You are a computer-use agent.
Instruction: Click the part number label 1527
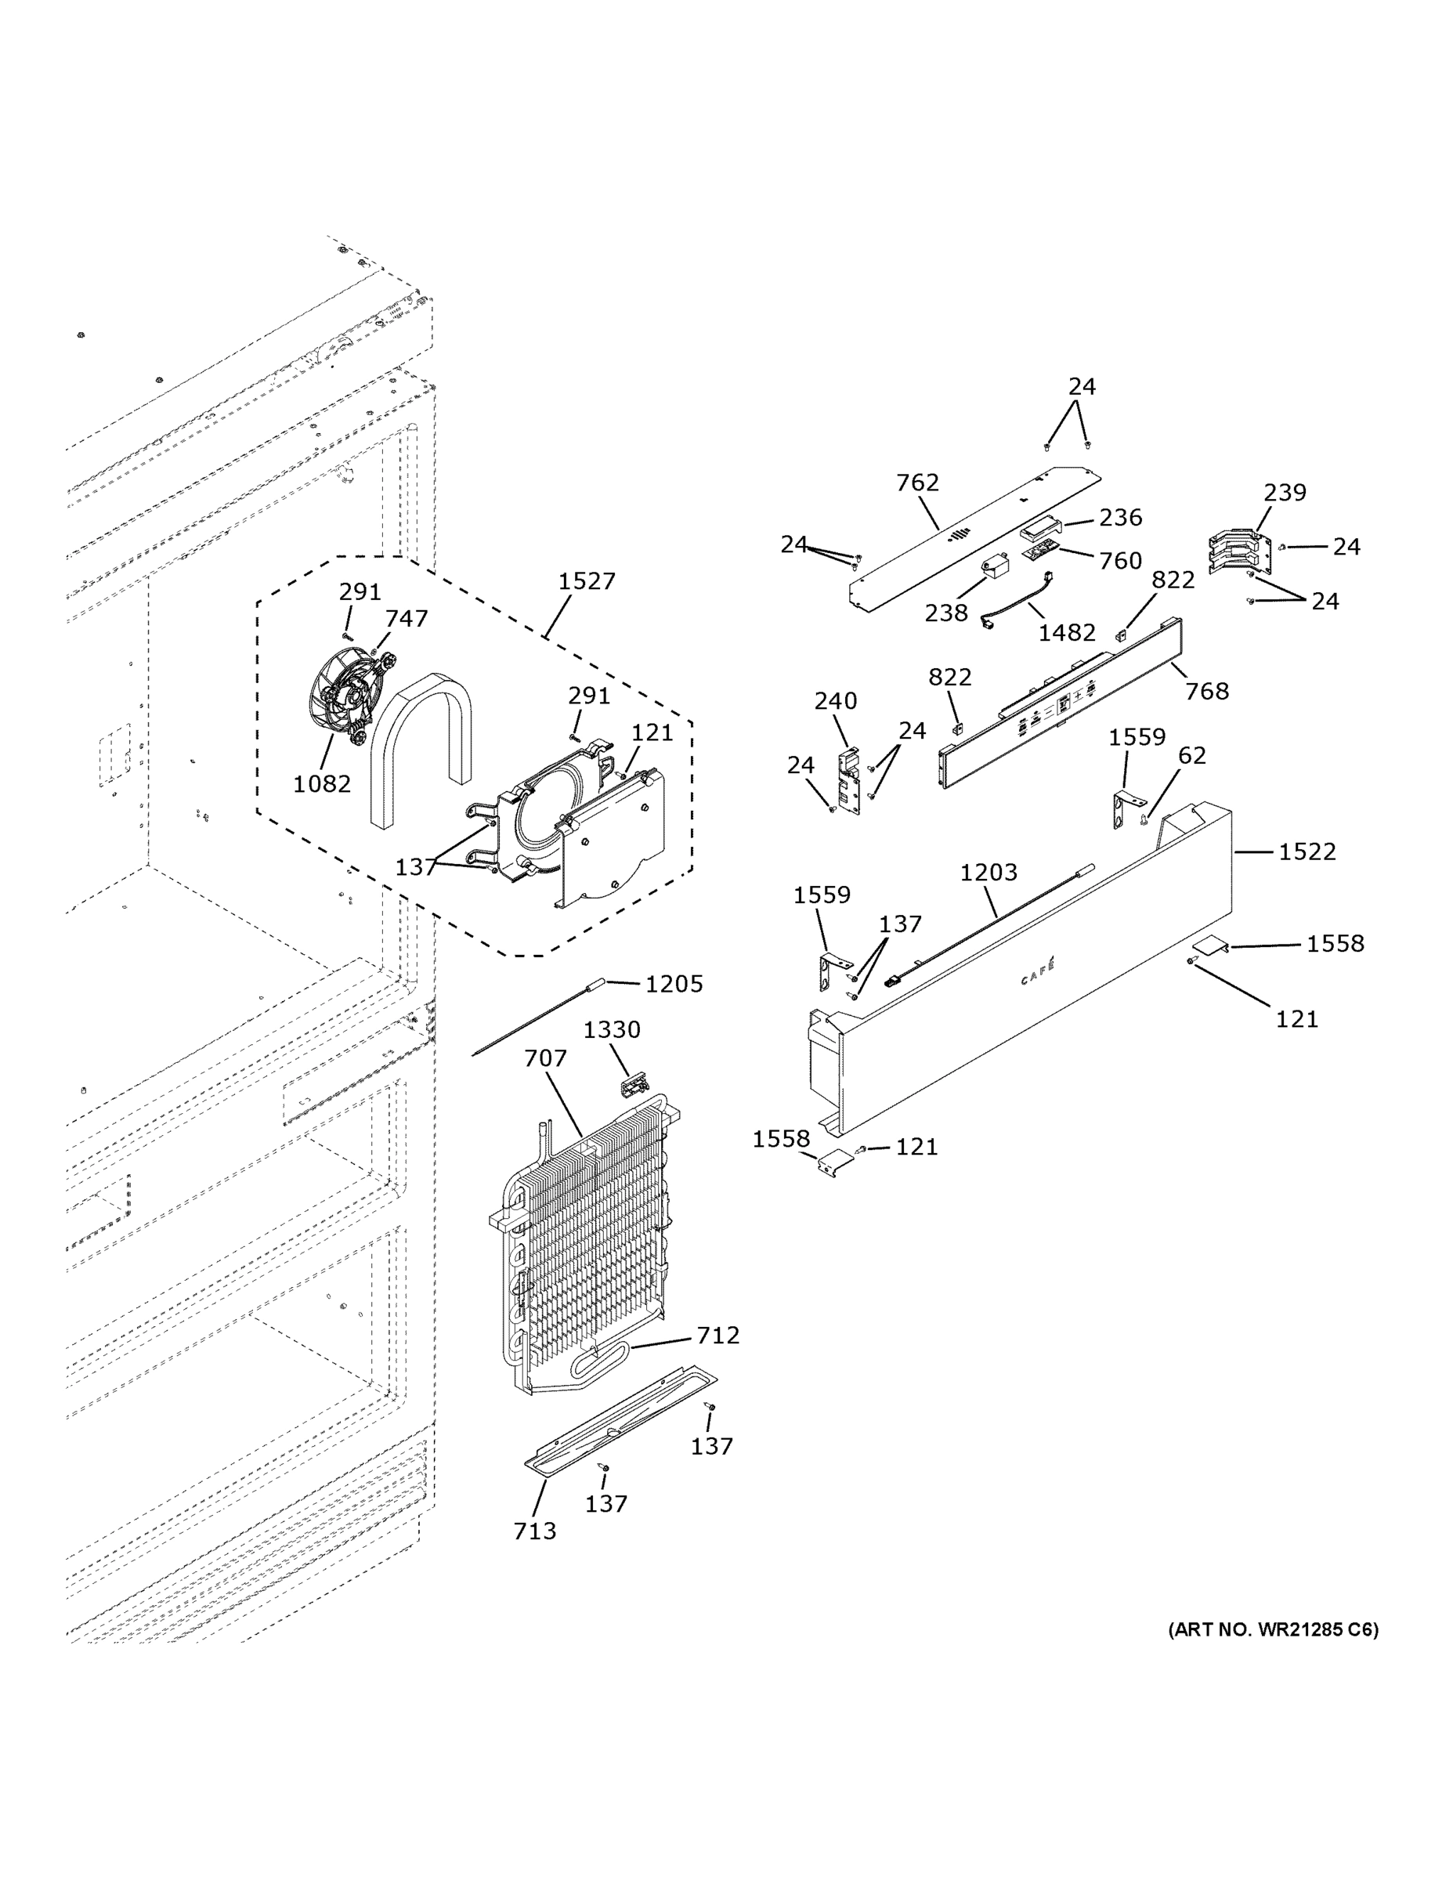coord(586,581)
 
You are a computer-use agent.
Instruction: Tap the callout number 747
coord(406,618)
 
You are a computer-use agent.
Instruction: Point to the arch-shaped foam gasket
coord(421,740)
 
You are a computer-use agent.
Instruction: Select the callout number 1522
coord(1307,851)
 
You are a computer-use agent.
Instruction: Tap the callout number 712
coord(718,1334)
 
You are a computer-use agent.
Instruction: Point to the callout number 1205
coord(674,984)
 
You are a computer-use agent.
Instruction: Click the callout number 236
coord(1120,517)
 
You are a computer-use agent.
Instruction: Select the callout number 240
coord(835,701)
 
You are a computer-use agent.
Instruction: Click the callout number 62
coord(1191,755)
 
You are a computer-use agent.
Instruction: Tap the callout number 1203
coord(989,872)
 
